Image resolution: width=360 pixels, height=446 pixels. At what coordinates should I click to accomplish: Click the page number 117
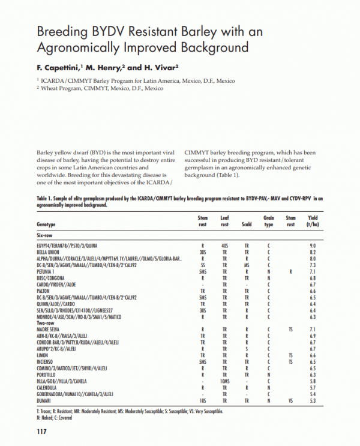tap(41, 431)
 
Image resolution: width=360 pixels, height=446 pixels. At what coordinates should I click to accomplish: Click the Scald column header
tap(247, 225)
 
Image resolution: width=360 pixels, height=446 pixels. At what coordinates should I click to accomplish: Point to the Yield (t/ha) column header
tap(312, 221)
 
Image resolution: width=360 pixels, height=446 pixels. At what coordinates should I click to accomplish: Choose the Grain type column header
tap(269, 221)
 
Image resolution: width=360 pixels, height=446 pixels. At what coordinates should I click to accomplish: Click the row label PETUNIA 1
tap(49, 271)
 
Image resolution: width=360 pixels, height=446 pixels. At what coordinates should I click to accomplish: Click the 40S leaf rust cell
tap(224, 246)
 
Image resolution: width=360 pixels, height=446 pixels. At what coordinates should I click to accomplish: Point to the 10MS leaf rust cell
tap(224, 381)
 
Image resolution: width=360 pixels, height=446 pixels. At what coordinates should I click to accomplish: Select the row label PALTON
tap(46, 290)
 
